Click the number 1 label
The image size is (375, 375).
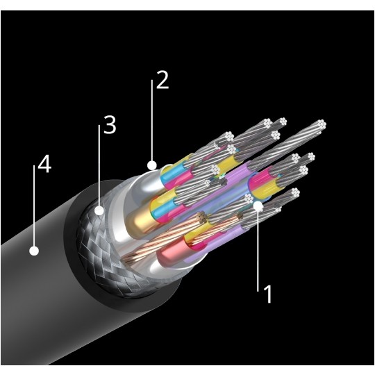[268, 294]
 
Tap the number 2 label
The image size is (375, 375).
[162, 80]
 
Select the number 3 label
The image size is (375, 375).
[110, 125]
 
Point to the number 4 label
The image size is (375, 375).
[44, 164]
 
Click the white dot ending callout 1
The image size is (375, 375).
[258, 206]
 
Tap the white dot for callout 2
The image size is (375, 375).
[152, 165]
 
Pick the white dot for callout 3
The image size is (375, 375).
[99, 210]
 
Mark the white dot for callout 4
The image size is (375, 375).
[34, 251]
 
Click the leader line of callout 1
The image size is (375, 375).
[258, 249]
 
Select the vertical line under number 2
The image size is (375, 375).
[151, 120]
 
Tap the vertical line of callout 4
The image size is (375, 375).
[34, 206]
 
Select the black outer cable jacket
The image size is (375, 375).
[48, 299]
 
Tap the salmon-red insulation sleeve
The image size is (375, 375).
[171, 251]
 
